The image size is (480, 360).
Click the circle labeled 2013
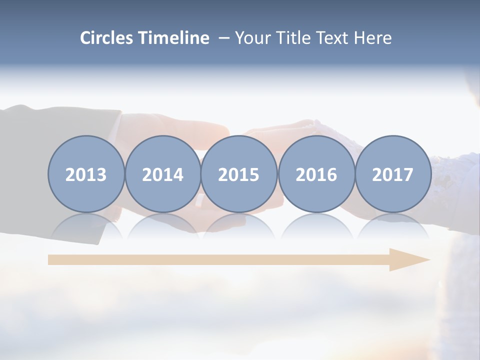pos(86,174)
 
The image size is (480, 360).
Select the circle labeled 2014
pos(163,174)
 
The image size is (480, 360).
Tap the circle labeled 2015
pos(239,174)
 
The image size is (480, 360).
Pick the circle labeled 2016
pos(316,174)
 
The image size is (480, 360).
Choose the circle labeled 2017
pos(393,174)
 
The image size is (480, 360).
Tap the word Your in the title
pos(252,38)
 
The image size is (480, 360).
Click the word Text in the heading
pos(332,38)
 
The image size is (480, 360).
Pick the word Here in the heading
pos(373,38)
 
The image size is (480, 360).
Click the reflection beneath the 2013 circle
pos(86,225)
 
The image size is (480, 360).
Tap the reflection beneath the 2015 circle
pos(239,225)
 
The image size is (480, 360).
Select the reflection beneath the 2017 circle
pos(393,225)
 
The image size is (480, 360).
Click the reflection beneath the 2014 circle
pos(163,225)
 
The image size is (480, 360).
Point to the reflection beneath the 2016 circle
pos(316,225)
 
